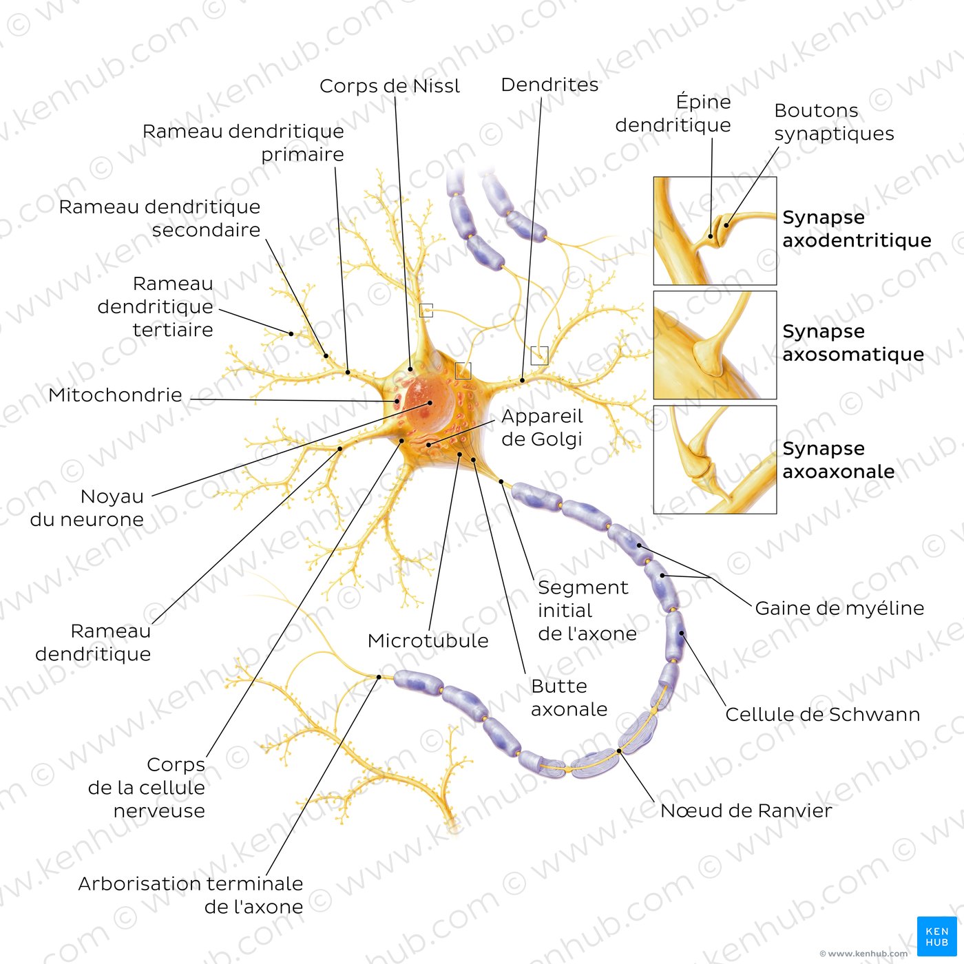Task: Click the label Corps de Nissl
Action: click(390, 86)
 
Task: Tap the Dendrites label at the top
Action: click(549, 85)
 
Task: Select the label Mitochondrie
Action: click(116, 395)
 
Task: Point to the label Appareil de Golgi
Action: click(542, 428)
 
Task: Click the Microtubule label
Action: click(428, 641)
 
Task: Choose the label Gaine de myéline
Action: click(839, 608)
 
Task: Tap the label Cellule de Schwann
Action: click(823, 715)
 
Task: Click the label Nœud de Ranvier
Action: click(746, 810)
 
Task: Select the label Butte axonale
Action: click(569, 698)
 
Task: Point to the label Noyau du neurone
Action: click(87, 507)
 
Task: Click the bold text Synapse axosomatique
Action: click(853, 342)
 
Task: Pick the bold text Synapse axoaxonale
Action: click(838, 459)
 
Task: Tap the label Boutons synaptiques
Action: click(834, 122)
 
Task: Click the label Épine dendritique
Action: click(673, 114)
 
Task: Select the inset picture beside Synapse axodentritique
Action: click(715, 231)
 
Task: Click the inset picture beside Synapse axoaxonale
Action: click(715, 459)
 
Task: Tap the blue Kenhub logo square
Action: click(937, 936)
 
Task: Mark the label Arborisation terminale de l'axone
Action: click(191, 895)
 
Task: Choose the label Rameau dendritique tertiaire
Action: click(156, 306)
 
